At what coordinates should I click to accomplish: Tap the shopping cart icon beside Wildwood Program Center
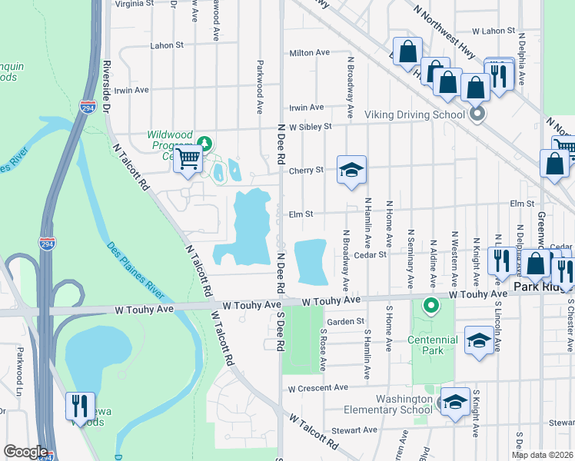(188, 160)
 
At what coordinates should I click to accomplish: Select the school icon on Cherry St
(351, 170)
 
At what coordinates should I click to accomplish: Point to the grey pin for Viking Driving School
(477, 115)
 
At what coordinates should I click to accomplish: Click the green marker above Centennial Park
(431, 307)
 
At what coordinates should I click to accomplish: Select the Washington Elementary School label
(404, 404)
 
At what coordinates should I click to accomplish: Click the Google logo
(25, 452)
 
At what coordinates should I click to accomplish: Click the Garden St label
(345, 322)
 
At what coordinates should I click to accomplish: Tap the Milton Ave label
(309, 53)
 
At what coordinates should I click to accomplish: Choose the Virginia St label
(134, 4)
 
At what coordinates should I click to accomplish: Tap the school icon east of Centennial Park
(479, 340)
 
